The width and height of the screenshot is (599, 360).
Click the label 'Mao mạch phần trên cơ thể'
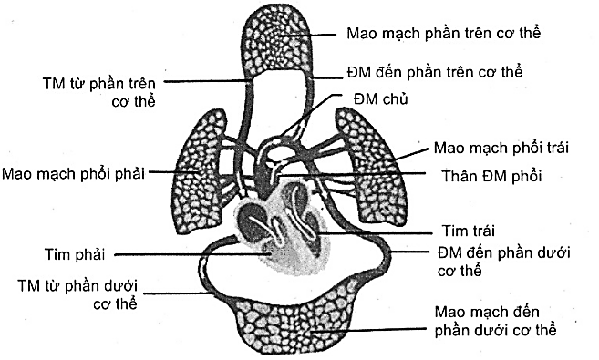coord(445,34)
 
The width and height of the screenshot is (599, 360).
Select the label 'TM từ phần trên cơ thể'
coord(110,90)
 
